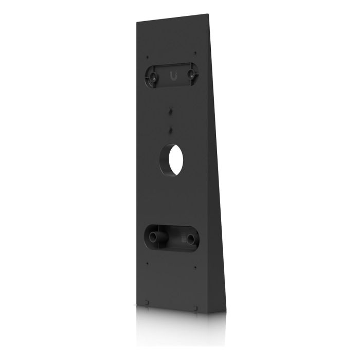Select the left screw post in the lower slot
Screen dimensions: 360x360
point(154,238)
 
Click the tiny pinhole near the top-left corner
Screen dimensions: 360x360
point(148,57)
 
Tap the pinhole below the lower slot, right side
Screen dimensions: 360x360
point(195,266)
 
